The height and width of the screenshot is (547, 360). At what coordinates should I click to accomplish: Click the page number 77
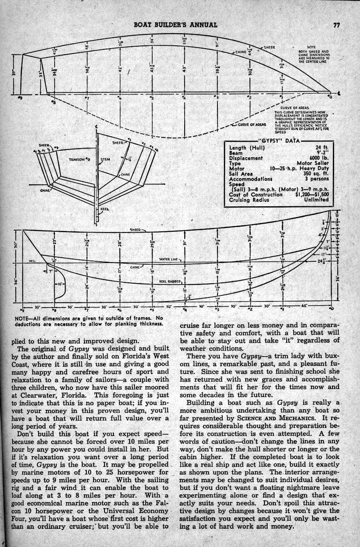[336, 25]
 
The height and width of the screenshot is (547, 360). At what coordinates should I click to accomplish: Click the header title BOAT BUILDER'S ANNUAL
[175, 25]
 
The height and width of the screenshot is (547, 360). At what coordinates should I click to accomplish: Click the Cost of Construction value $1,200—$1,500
[312, 194]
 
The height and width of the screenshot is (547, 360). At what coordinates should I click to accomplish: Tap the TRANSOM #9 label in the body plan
[79, 159]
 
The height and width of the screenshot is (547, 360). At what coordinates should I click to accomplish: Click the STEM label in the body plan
[105, 159]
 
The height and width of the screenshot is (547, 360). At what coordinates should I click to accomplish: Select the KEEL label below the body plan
[105, 209]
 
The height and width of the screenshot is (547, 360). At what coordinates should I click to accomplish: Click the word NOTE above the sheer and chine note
[311, 47]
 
